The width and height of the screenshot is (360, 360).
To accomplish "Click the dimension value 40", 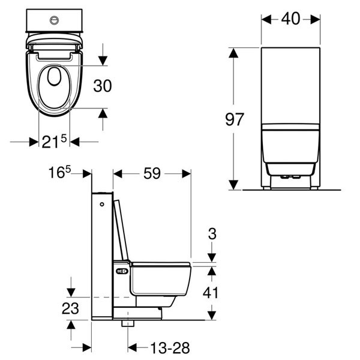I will (x=291, y=19).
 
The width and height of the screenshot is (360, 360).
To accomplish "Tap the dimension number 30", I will (x=103, y=86).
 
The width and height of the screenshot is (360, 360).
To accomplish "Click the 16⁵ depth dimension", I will (x=61, y=173).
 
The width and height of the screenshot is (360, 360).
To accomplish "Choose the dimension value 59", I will (x=152, y=173).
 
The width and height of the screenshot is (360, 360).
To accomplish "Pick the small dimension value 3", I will (x=212, y=234).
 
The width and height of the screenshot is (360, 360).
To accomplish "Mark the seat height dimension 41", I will (x=212, y=292).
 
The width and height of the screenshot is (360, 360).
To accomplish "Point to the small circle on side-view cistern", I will (x=103, y=205).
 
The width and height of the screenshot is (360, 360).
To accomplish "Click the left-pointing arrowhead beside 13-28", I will (x=134, y=347).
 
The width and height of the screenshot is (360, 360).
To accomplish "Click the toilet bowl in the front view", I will (x=291, y=150).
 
